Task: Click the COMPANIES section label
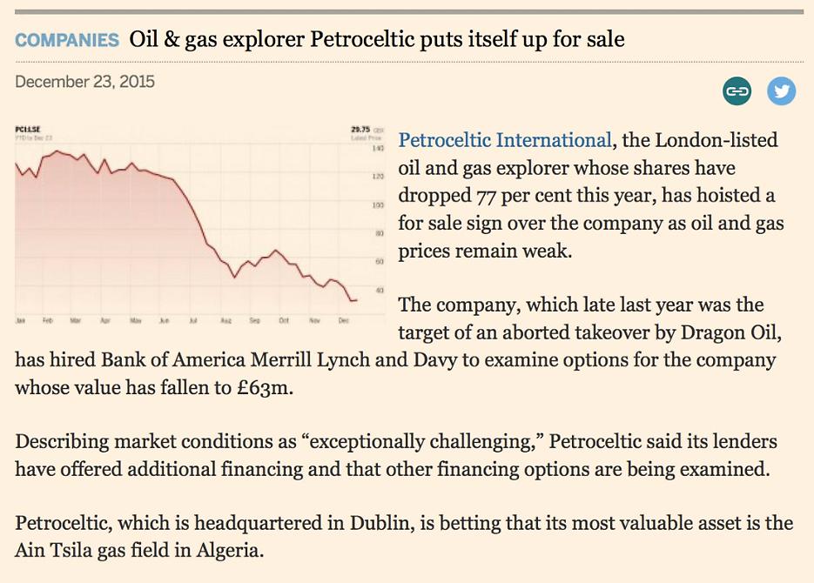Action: (67, 40)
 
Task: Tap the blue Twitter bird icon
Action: (781, 91)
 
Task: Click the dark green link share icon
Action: (737, 91)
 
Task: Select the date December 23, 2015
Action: (84, 82)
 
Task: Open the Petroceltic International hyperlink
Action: (504, 140)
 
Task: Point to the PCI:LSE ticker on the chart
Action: (29, 129)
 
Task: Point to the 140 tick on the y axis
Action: (378, 150)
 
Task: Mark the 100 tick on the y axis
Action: (378, 205)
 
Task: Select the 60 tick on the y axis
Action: (379, 262)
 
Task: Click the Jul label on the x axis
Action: (192, 320)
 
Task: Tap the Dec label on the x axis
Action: (342, 320)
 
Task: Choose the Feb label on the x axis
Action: (48, 320)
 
